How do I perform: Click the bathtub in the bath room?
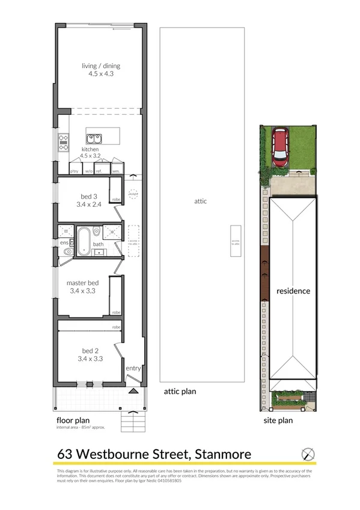(x=83, y=241)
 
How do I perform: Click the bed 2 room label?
(x=89, y=355)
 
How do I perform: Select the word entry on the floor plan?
(x=133, y=368)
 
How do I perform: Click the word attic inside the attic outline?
(x=201, y=201)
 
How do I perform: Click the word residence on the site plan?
(x=293, y=291)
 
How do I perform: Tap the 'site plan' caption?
(x=278, y=420)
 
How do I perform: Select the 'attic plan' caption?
(x=180, y=391)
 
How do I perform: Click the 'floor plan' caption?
(x=73, y=420)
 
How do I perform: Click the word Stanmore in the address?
(x=220, y=454)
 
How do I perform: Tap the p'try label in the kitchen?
(x=75, y=171)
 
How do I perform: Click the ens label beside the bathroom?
(x=63, y=242)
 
